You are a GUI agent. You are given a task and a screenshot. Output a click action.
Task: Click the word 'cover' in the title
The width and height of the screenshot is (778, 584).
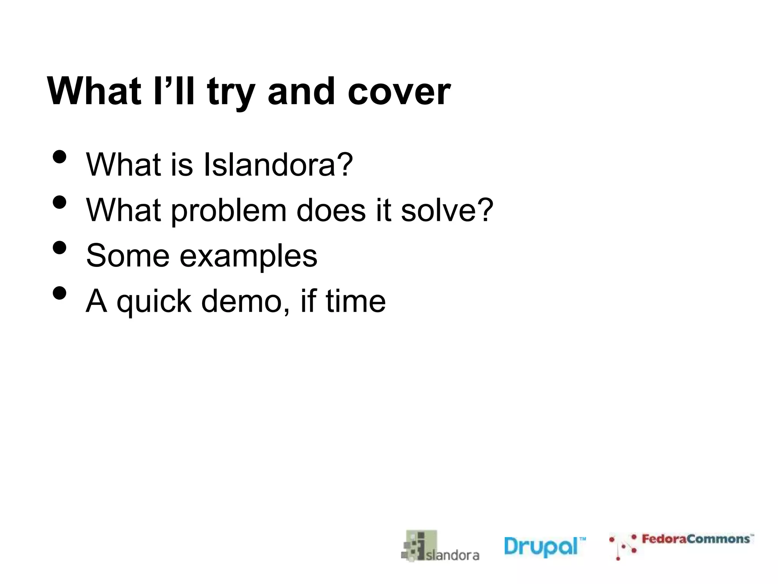tap(399, 92)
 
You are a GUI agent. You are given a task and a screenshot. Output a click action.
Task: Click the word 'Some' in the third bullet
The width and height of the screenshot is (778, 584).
tap(128, 256)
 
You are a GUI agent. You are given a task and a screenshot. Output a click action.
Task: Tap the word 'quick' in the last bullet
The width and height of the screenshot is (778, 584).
tap(154, 302)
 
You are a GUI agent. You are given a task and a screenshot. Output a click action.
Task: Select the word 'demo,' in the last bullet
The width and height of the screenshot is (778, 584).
tap(245, 301)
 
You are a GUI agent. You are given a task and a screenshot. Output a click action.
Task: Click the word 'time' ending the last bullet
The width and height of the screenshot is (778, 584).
tap(356, 301)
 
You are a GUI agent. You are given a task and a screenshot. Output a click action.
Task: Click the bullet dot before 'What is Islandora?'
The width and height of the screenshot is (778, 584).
tap(60, 157)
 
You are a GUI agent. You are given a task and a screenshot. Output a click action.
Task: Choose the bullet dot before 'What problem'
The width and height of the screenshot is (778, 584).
tap(60, 202)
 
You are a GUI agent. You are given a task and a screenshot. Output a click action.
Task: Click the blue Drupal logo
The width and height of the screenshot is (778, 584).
tap(544, 547)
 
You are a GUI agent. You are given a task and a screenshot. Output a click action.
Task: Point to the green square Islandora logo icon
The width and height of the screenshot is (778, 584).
tap(419, 545)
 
